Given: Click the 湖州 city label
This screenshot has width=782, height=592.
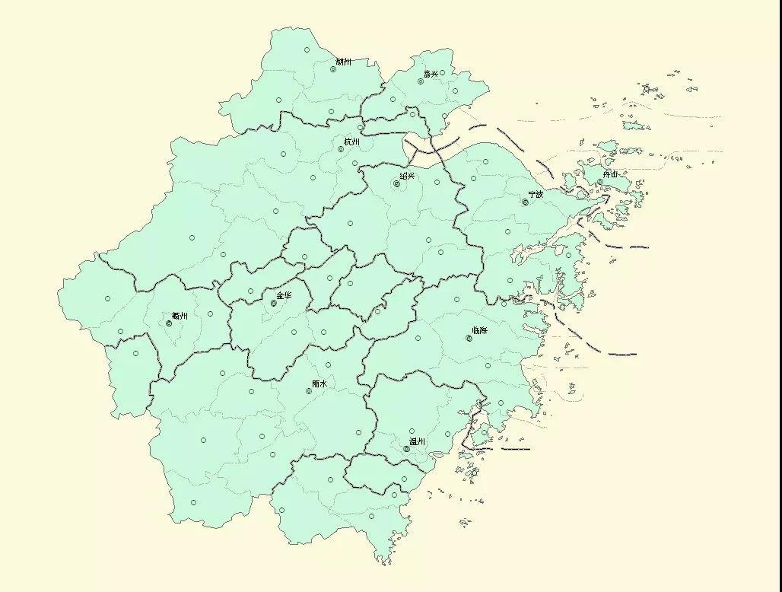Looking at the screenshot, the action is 344,61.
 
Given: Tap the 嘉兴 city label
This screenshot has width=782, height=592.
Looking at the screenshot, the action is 431,74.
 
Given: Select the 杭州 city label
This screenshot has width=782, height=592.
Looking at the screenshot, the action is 351,142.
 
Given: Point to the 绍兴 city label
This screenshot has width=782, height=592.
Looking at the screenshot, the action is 408,176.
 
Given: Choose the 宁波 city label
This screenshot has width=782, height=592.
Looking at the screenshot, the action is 536,194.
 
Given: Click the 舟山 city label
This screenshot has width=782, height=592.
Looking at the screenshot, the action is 610,173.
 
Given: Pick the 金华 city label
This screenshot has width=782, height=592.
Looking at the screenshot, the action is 284,295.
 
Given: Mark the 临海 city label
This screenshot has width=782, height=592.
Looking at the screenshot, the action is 480,330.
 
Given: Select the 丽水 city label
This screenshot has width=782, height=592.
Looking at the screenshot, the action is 319,384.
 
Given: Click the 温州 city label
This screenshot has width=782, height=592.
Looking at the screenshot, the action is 418,441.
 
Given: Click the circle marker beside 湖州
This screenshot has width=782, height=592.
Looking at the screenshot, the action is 333,69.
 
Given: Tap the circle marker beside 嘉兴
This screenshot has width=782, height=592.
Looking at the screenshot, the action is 421,81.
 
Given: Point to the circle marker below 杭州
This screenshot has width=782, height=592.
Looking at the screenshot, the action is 342,149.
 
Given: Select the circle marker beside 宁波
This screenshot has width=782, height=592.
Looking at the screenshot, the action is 525,202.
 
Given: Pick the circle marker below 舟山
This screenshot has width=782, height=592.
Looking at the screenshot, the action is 599,182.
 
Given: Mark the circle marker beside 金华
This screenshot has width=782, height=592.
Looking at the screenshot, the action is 273,304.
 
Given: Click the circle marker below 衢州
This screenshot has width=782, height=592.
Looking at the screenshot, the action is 169,323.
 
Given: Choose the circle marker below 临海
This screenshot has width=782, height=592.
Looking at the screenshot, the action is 469,338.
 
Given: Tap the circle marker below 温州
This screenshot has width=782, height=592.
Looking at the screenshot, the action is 407,449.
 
